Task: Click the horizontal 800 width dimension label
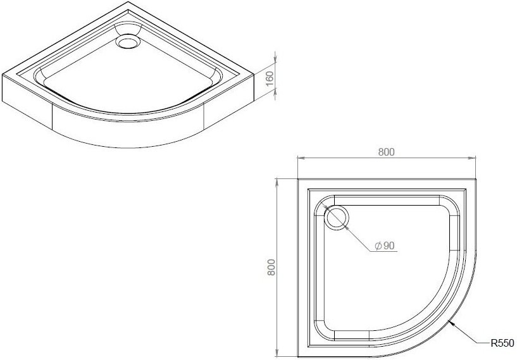387,152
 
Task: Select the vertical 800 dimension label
271,268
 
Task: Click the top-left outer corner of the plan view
298,179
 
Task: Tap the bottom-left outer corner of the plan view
298,356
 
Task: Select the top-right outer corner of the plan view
475,179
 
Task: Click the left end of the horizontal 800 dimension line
298,158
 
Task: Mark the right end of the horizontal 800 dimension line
475,158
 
